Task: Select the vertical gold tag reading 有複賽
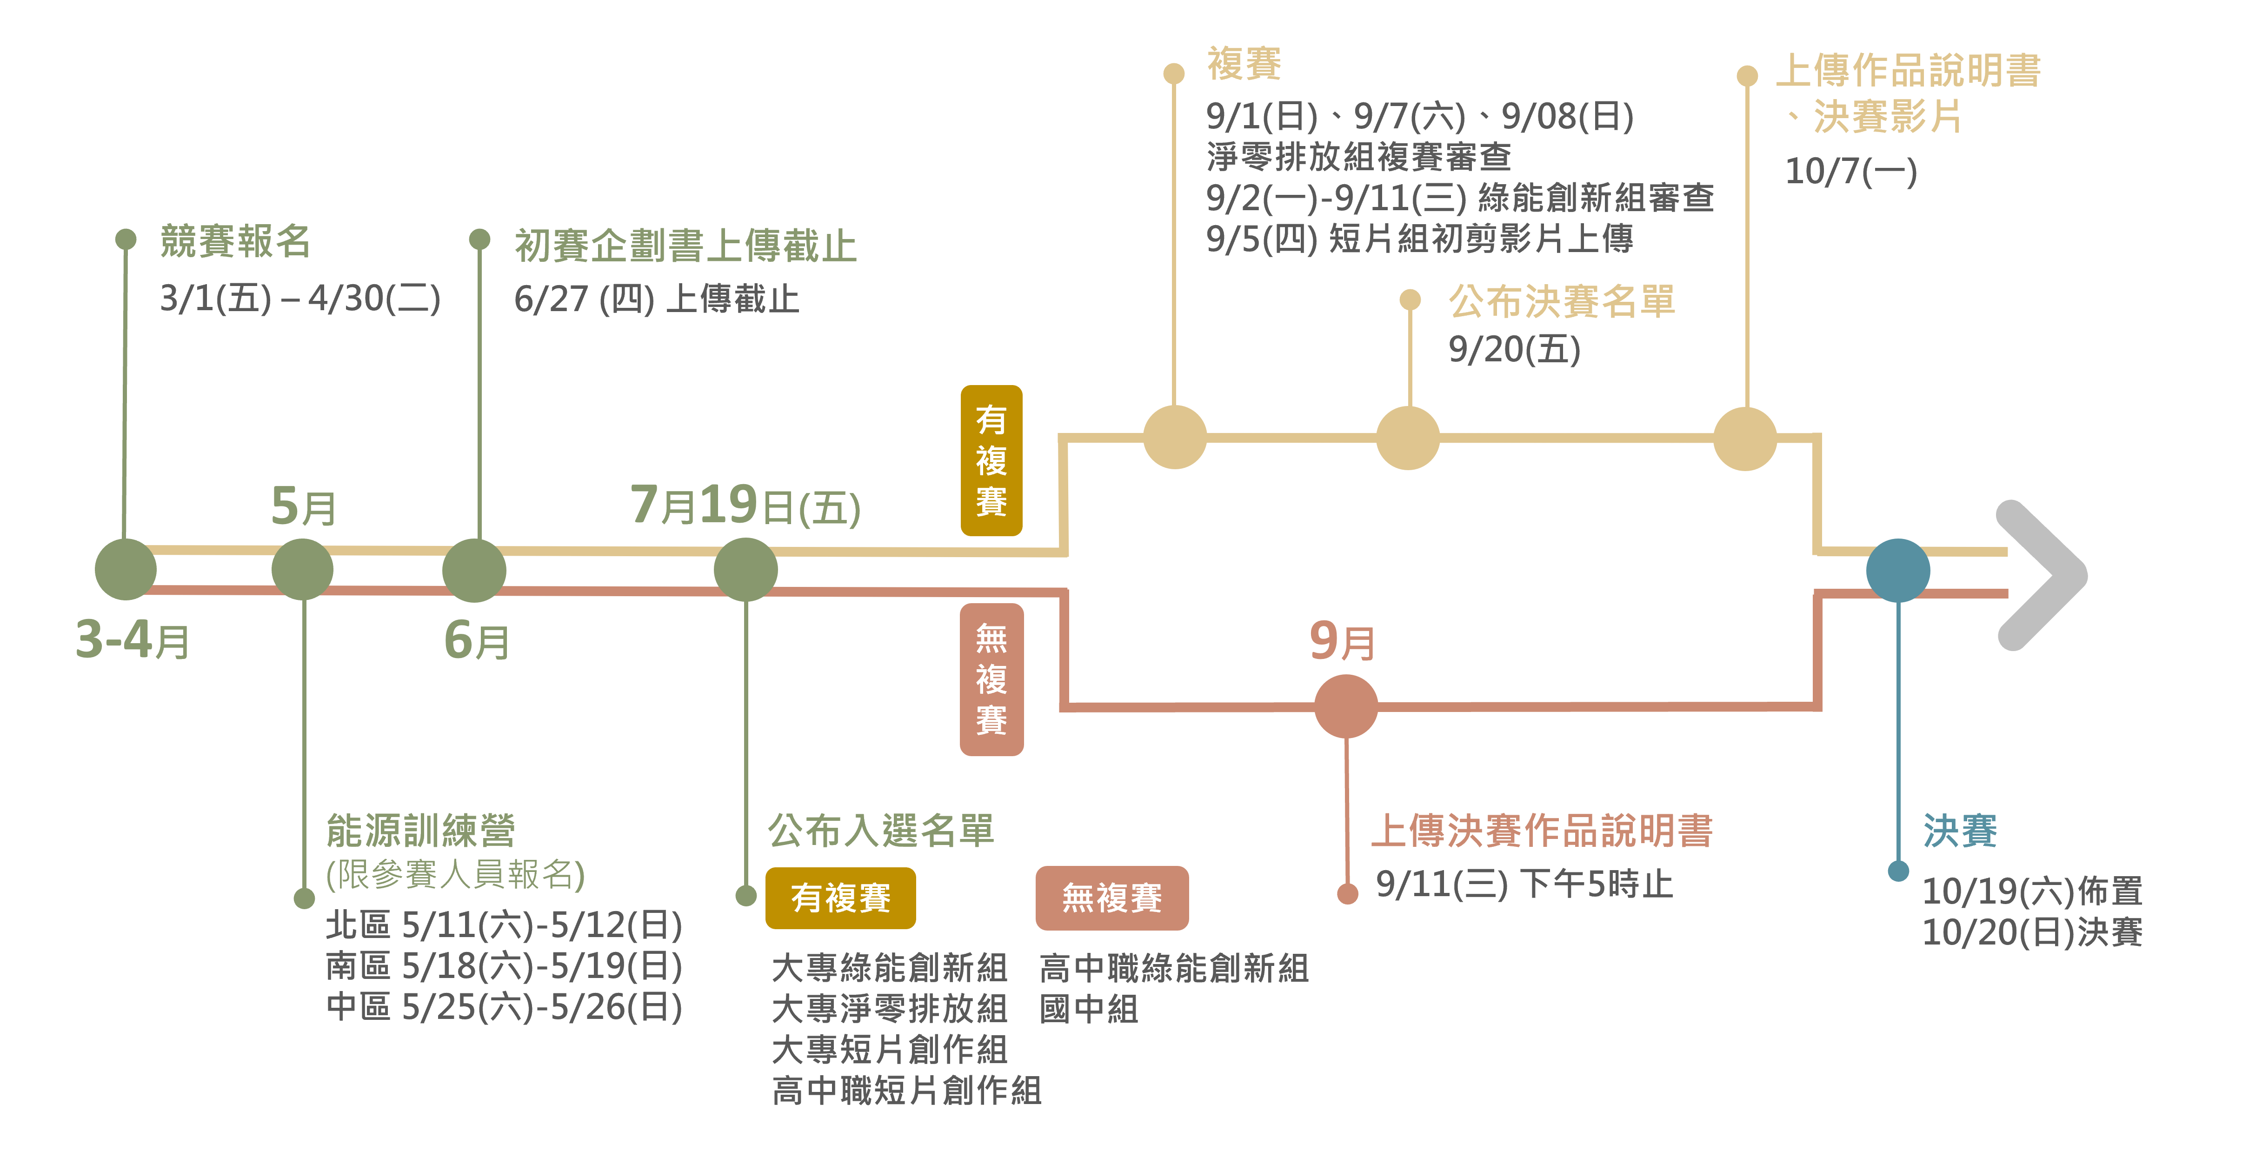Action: click(991, 460)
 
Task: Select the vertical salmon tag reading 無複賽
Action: click(991, 679)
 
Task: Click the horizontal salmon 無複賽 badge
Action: click(1111, 898)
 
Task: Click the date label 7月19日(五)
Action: click(745, 506)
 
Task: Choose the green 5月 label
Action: click(303, 506)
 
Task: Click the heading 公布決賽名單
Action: click(1561, 301)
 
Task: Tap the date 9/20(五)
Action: click(1514, 349)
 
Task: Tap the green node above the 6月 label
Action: click(474, 570)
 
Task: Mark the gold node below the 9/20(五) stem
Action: click(1407, 438)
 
